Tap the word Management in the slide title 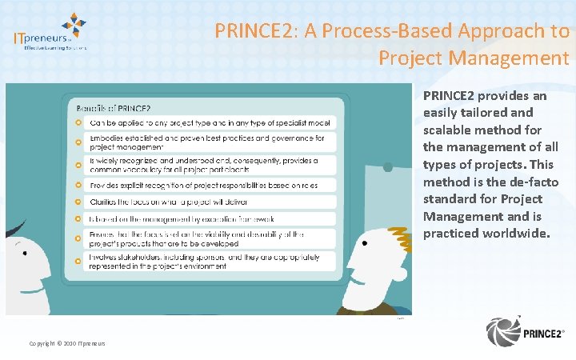(x=511, y=58)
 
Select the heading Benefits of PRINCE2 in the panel (x=113, y=108)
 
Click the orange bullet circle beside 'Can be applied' (x=77, y=123)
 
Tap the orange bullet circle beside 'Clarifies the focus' (x=77, y=202)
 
